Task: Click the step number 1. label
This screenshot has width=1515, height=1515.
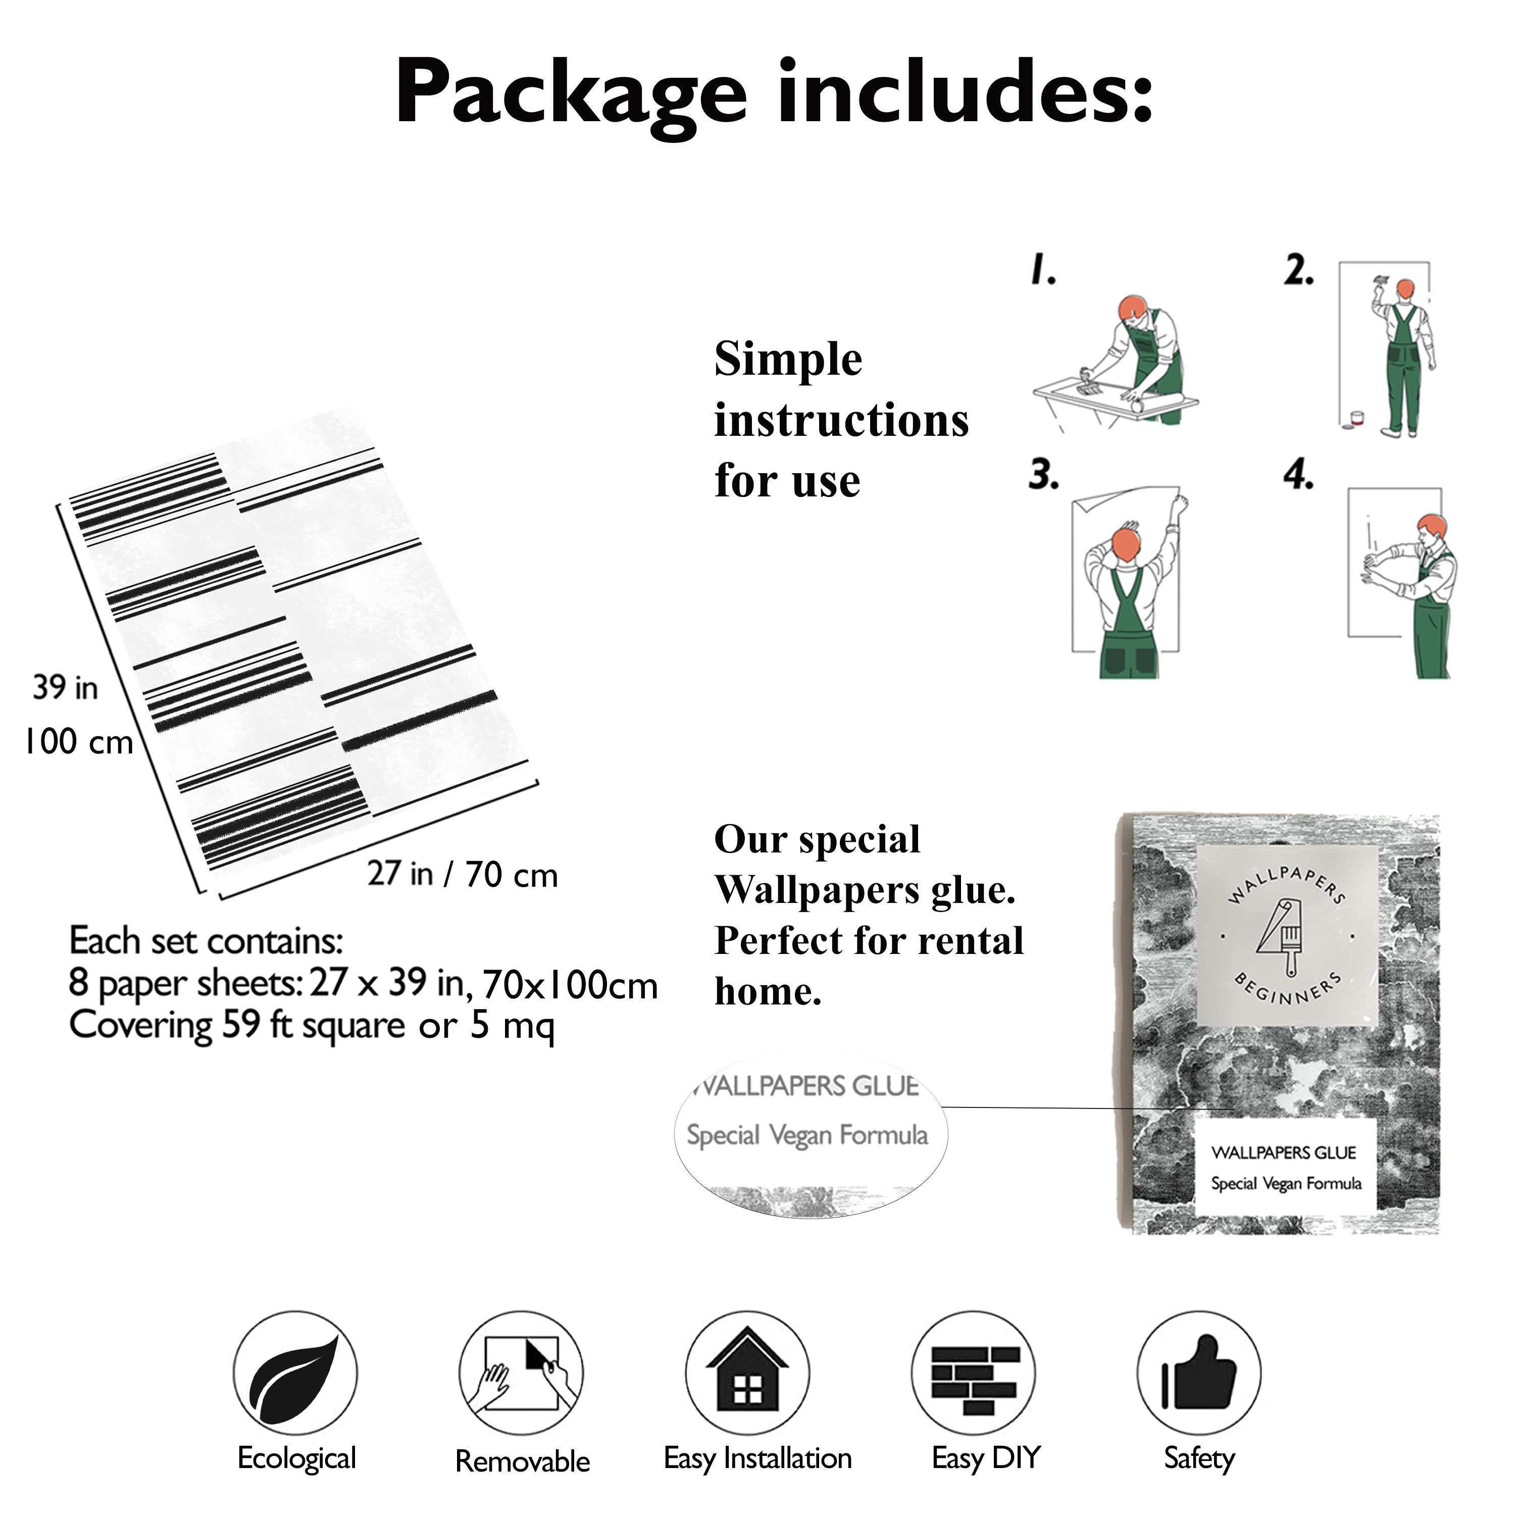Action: click(1043, 269)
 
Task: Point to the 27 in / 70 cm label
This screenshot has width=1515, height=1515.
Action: click(463, 874)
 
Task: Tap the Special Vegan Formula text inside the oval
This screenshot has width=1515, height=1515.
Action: click(807, 1135)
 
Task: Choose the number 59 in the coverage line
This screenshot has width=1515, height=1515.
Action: click(241, 1025)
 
